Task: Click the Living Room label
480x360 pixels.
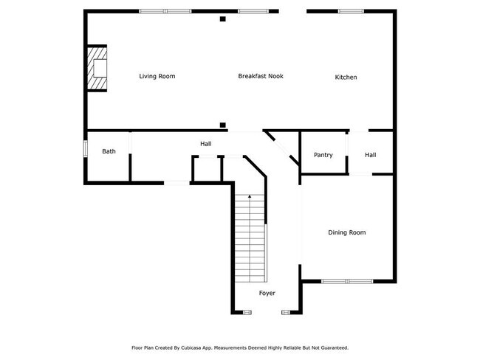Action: click(x=157, y=76)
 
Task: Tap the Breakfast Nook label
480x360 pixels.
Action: click(x=261, y=76)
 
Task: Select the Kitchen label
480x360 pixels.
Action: click(x=346, y=77)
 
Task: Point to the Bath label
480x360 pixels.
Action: click(x=109, y=151)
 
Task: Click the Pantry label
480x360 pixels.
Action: click(x=323, y=155)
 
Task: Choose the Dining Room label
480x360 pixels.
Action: click(x=347, y=232)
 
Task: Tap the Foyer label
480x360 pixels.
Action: click(x=267, y=293)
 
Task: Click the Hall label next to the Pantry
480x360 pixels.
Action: click(x=370, y=155)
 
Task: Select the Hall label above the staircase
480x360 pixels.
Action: click(x=206, y=143)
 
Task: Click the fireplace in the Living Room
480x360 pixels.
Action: click(x=97, y=69)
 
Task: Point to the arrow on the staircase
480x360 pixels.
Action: click(x=250, y=197)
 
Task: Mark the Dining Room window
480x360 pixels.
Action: click(x=347, y=281)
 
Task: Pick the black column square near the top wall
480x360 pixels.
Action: click(x=222, y=19)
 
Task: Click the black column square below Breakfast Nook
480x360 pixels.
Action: click(x=222, y=125)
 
